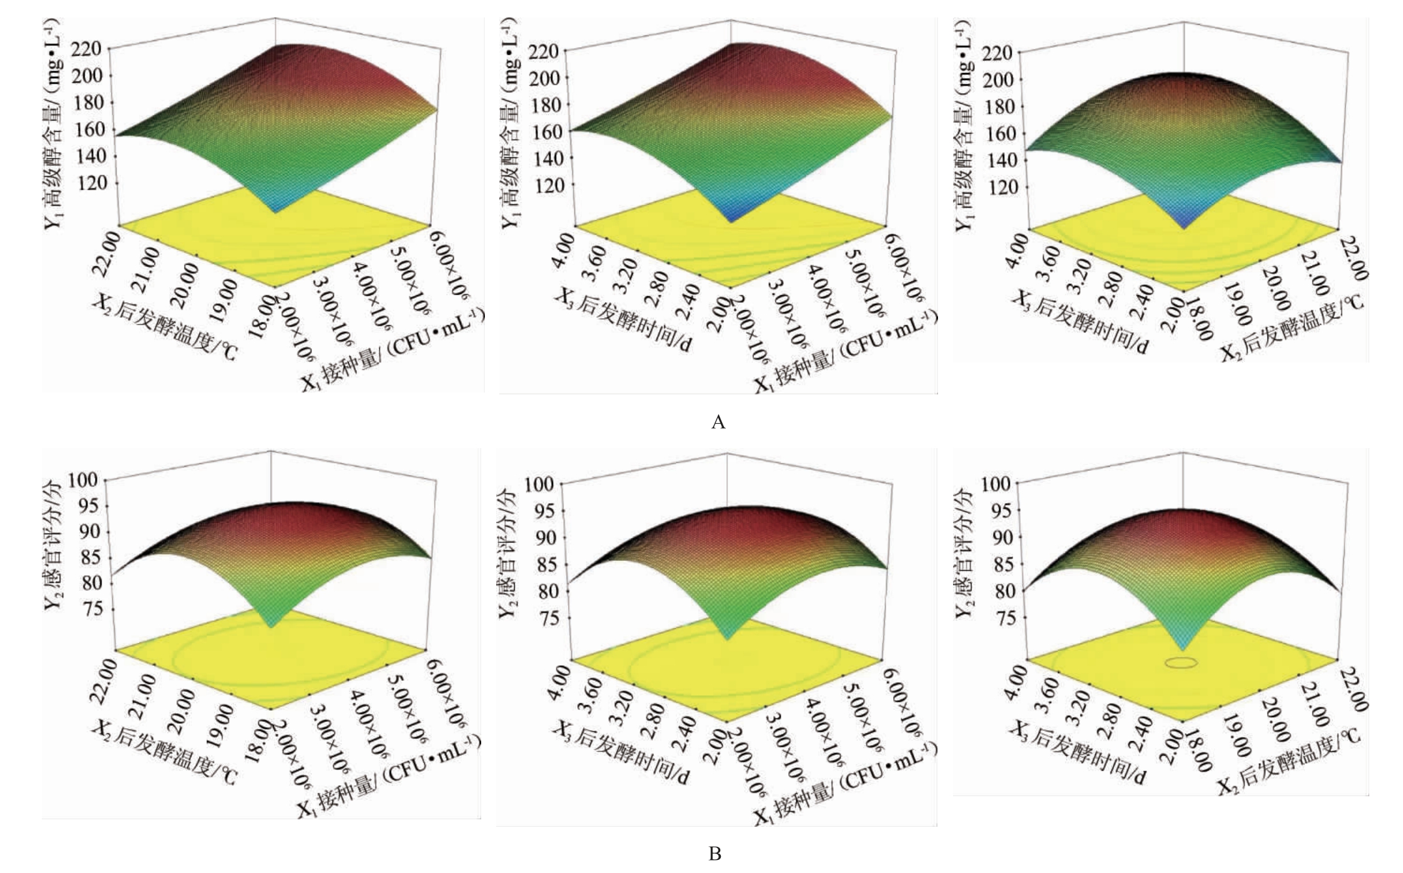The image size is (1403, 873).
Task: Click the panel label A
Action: (x=718, y=422)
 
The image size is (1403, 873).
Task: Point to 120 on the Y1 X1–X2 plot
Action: (x=91, y=183)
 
